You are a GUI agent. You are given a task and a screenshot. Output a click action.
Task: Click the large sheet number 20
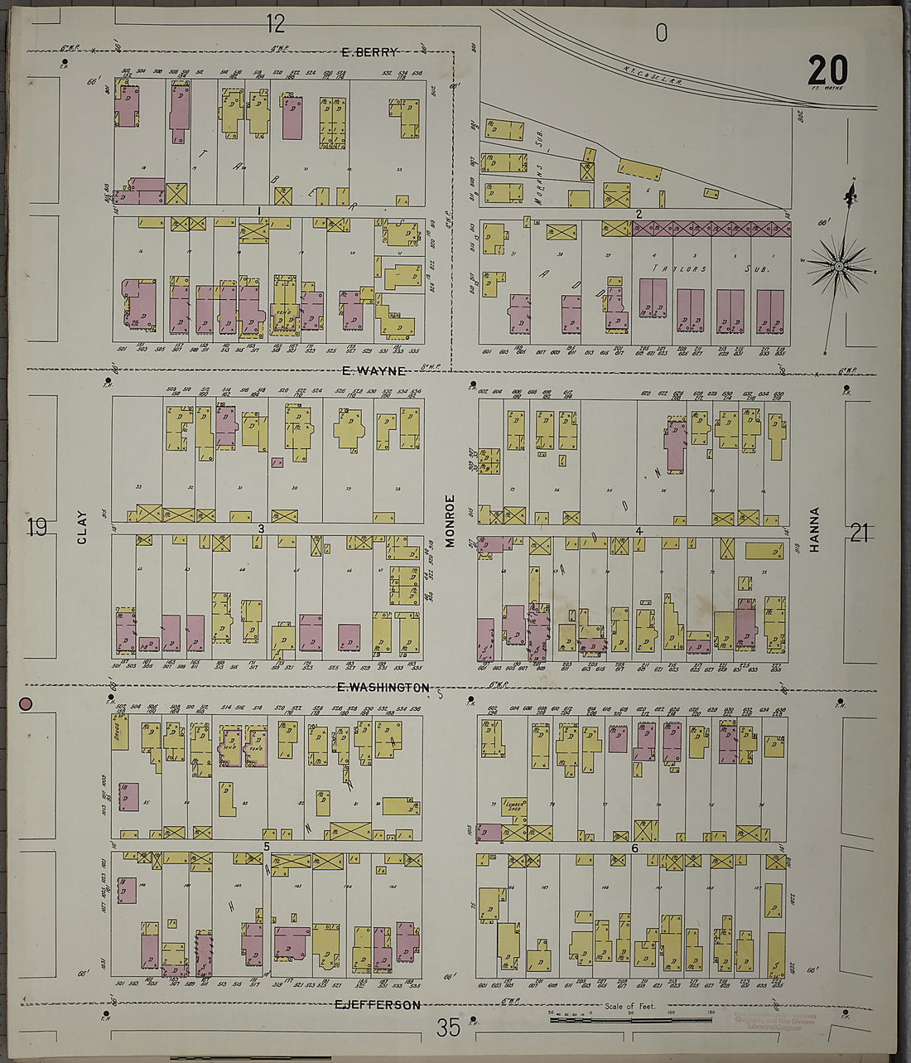(827, 70)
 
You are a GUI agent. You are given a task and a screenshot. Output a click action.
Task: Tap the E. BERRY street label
(369, 52)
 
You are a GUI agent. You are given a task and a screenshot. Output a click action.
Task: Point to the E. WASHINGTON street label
(383, 688)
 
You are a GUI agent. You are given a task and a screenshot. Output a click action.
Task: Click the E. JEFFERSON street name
(377, 1005)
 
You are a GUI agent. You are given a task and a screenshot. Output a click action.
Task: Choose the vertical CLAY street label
(82, 527)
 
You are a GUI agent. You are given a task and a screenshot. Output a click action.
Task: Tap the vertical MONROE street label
(451, 521)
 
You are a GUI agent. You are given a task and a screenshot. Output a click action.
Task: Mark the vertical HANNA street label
(814, 529)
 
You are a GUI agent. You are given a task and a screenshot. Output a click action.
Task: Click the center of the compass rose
(839, 266)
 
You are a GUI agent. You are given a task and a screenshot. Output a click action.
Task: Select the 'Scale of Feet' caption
(629, 1007)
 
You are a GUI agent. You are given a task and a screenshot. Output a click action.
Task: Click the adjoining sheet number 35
(448, 1028)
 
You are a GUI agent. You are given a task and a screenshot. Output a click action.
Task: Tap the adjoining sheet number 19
(37, 528)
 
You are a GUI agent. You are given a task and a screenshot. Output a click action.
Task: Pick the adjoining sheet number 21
(859, 534)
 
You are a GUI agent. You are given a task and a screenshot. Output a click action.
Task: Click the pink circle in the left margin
(26, 704)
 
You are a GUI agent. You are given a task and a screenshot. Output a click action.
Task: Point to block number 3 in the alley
(260, 529)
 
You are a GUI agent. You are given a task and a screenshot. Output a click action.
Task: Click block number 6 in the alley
(634, 848)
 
